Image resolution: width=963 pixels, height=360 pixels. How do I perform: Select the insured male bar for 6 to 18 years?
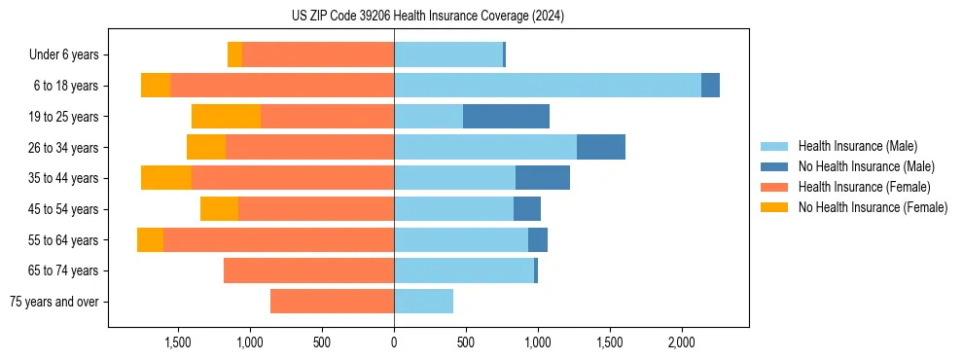[548, 86]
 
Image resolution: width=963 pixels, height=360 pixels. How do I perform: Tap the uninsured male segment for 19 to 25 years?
[506, 117]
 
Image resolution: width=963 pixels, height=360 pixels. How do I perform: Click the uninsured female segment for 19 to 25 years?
[226, 117]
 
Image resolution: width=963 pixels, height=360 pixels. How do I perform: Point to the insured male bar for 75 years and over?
[423, 302]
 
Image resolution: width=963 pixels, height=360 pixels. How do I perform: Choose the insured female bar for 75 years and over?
[332, 302]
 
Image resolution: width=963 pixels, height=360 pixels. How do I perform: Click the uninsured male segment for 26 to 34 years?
[601, 147]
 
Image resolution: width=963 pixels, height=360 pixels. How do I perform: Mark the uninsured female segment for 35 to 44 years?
[166, 178]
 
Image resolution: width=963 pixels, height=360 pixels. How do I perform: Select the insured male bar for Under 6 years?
[448, 54]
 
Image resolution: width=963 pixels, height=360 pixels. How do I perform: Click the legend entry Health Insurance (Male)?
[857, 146]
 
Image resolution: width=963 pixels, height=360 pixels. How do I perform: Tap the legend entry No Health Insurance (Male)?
[866, 166]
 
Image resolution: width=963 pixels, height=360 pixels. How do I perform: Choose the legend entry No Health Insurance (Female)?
[873, 207]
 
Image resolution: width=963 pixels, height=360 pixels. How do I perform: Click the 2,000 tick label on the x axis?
[682, 342]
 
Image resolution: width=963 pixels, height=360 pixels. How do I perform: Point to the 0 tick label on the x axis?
[394, 342]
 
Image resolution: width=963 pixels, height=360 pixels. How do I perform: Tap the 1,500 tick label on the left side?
[178, 342]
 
